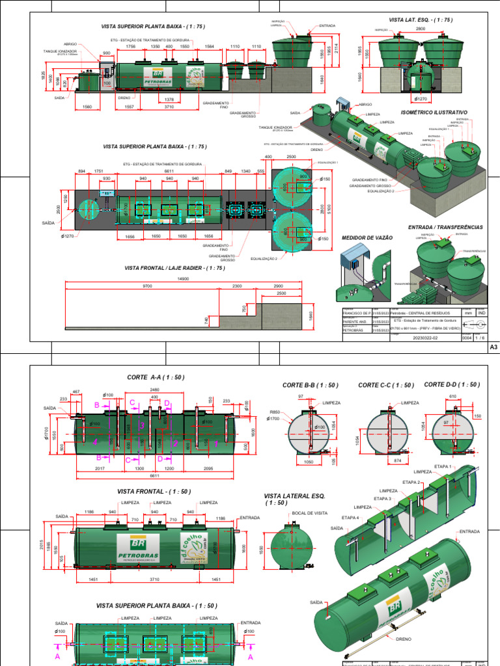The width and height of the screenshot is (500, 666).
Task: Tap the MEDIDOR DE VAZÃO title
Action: coord(367,238)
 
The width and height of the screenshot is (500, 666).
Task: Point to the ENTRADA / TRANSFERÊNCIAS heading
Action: coord(445,227)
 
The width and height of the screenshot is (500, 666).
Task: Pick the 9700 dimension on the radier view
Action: coord(147,286)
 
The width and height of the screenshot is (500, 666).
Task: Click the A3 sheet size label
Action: coord(493,348)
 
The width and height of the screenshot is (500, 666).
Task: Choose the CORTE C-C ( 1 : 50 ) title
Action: coord(386,385)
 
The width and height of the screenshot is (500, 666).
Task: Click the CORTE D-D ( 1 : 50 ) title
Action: coord(452,384)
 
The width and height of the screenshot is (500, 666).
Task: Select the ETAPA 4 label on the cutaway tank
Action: coord(350,518)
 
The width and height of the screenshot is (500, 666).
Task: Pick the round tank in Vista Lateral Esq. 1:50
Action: coord(288,545)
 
